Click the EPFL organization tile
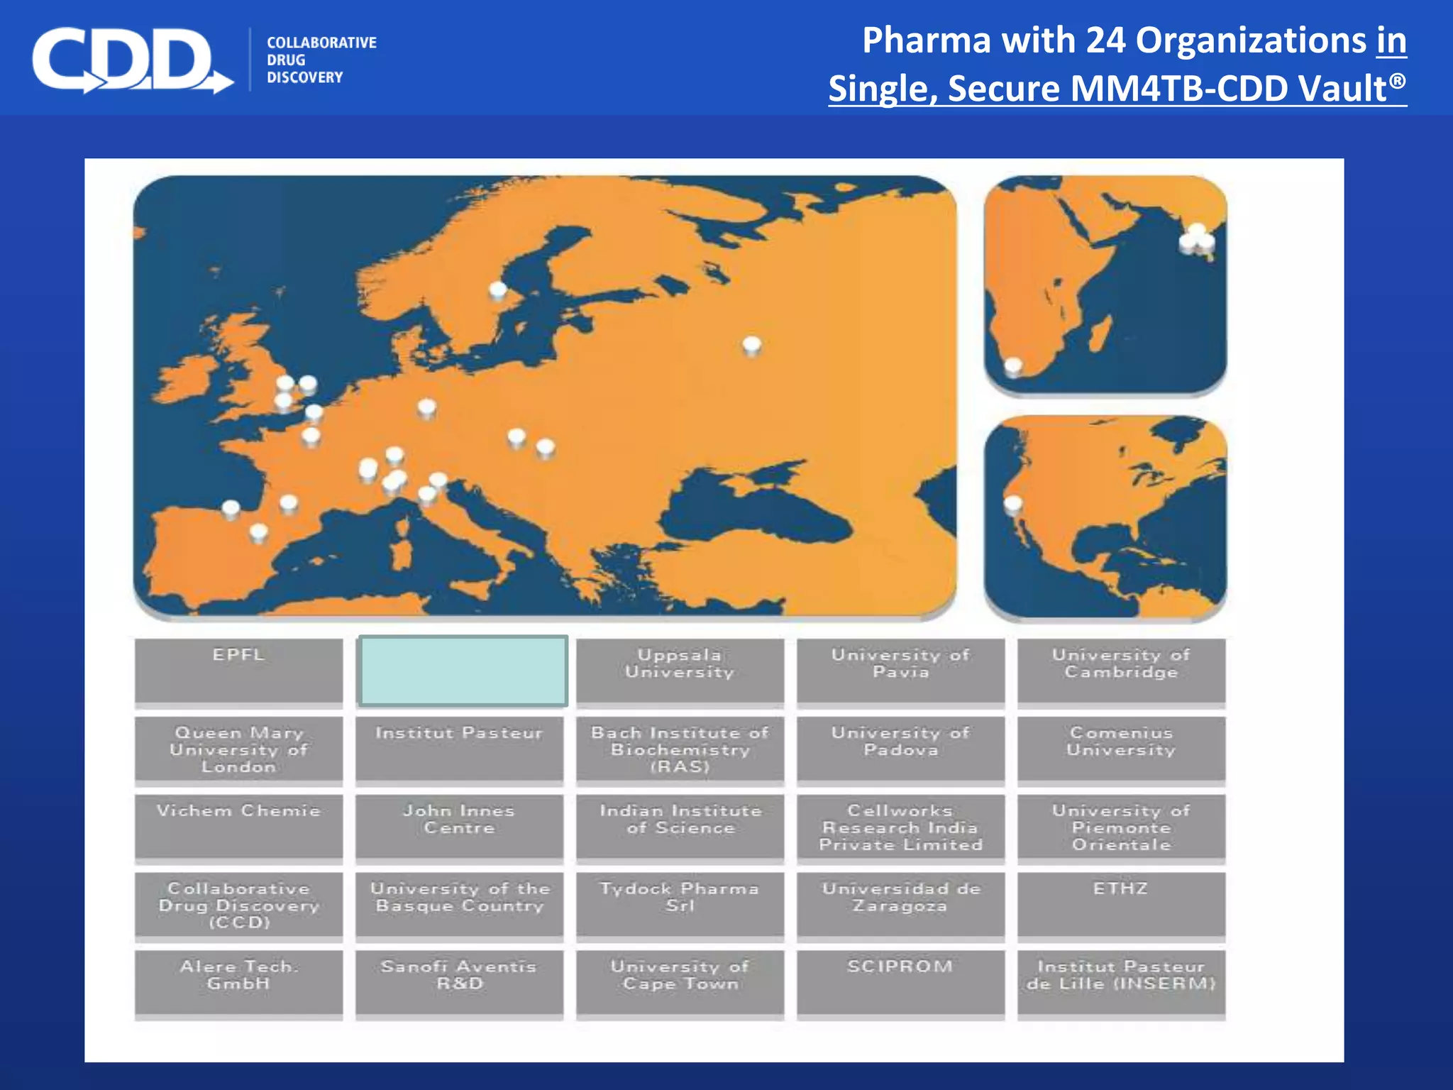pyautogui.click(x=238, y=671)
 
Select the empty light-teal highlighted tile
pyautogui.click(x=463, y=671)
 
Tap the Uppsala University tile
pyautogui.click(x=680, y=671)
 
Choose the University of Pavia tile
pyautogui.click(x=900, y=671)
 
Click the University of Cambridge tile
pyautogui.click(x=1121, y=671)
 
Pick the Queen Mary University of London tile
pyautogui.click(x=238, y=749)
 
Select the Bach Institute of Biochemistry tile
pyautogui.click(x=680, y=749)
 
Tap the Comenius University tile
pyautogui.click(x=1121, y=749)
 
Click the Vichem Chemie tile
pyautogui.click(x=238, y=827)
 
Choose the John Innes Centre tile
pyautogui.click(x=459, y=827)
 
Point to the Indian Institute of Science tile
pyautogui.click(x=680, y=827)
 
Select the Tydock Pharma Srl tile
pyautogui.click(x=680, y=905)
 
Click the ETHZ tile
pyautogui.click(x=1121, y=905)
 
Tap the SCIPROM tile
pyautogui.click(x=900, y=983)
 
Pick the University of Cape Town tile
pyautogui.click(x=680, y=983)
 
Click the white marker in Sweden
pyautogui.click(x=498, y=290)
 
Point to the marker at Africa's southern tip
pyautogui.click(x=1014, y=366)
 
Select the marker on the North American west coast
pyautogui.click(x=1013, y=504)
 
